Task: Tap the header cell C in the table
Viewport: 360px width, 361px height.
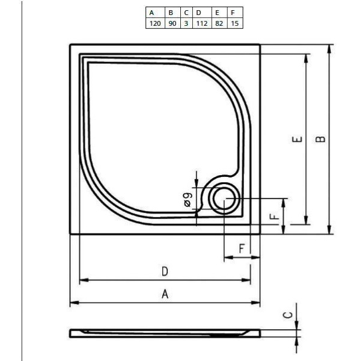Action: coord(186,12)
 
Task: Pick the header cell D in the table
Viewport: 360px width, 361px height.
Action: coord(200,12)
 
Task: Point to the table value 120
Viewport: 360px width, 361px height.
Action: coord(154,23)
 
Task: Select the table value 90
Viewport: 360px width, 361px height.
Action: coord(172,23)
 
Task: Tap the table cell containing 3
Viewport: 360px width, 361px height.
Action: coord(186,23)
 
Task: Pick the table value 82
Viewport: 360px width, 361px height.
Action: coord(219,23)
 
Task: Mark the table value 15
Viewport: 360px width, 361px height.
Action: coord(235,23)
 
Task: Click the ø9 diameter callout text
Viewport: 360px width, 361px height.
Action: coord(188,199)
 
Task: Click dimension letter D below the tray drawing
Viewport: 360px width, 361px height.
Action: coord(165,271)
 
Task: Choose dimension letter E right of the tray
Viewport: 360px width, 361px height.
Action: coord(296,140)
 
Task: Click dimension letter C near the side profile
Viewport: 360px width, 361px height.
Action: coord(287,315)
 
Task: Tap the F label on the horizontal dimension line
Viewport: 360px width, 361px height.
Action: coord(241,248)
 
